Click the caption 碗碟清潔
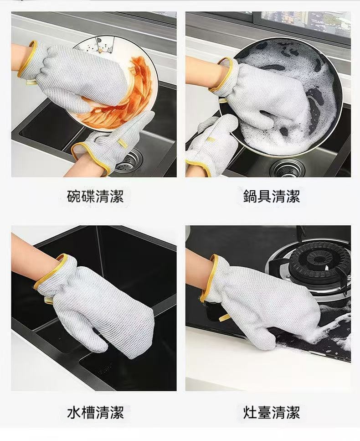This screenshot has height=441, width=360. [x=95, y=196]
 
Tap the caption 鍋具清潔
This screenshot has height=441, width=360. [x=272, y=196]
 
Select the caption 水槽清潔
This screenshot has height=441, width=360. [x=95, y=412]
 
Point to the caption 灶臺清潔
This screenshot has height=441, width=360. [x=272, y=412]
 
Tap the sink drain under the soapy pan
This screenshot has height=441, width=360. [x=288, y=168]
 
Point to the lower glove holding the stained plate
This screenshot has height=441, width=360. [x=115, y=144]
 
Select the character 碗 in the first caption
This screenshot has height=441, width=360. [x=74, y=196]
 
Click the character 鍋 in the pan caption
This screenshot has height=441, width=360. [x=250, y=196]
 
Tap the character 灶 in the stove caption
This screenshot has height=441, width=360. [x=250, y=412]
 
